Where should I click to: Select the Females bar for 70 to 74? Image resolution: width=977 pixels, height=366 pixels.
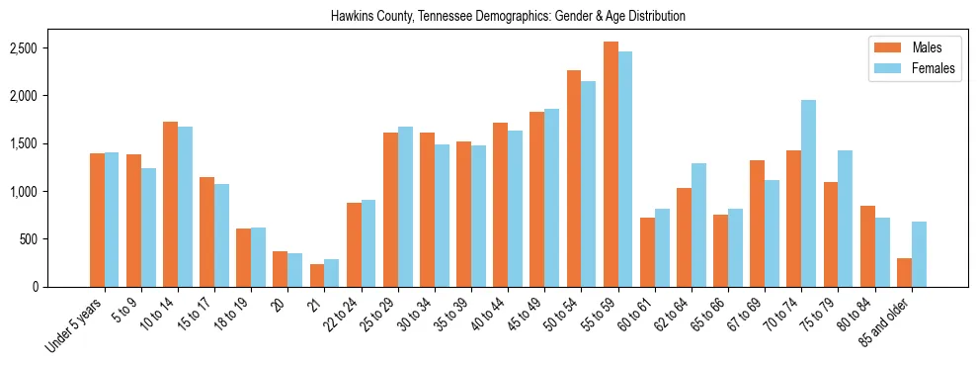tap(808, 193)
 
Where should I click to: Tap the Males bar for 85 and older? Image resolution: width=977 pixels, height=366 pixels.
tap(903, 272)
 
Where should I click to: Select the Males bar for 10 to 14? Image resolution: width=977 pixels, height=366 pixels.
tap(171, 204)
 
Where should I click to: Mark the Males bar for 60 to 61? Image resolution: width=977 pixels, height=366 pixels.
tap(647, 252)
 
